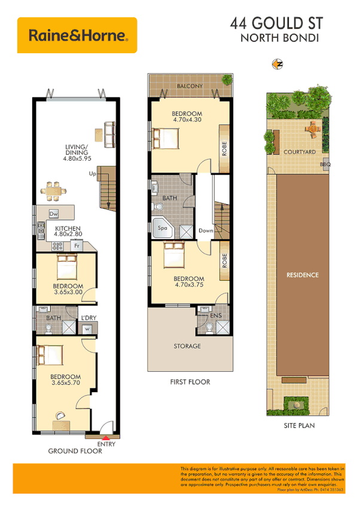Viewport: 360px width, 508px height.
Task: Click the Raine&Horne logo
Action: (78, 35)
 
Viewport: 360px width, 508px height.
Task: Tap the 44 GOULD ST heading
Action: (276, 24)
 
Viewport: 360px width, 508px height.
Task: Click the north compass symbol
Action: (277, 65)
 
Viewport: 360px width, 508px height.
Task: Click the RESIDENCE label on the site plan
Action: (302, 275)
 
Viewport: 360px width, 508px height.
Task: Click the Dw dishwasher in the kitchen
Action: (53, 214)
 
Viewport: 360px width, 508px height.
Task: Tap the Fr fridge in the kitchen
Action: (76, 246)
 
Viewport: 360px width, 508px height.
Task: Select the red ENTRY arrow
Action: (105, 437)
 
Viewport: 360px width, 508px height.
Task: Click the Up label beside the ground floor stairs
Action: (93, 174)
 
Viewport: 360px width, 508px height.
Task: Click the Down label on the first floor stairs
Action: (206, 231)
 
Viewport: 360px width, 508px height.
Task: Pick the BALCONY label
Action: (190, 87)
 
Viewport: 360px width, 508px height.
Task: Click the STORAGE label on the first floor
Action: (187, 346)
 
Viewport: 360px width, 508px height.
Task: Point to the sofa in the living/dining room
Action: (109, 134)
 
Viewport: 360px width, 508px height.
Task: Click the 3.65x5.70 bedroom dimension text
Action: (65, 383)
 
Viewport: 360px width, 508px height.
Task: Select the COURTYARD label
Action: (300, 152)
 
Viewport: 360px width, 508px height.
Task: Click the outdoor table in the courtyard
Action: (312, 127)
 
